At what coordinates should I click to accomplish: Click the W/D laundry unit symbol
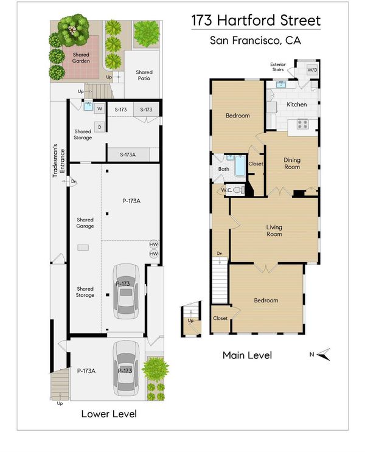(x=312, y=70)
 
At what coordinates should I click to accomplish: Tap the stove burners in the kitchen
(x=302, y=124)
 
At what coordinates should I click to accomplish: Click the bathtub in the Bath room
(x=240, y=166)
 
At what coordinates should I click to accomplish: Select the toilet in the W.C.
(x=238, y=190)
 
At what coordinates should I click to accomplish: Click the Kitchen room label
(x=296, y=105)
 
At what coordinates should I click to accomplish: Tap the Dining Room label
(x=292, y=163)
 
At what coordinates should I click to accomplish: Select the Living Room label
(x=274, y=231)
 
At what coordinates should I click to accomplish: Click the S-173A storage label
(x=128, y=155)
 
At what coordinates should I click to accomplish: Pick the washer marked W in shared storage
(x=100, y=109)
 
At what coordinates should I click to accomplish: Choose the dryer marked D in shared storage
(x=100, y=127)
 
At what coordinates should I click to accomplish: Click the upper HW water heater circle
(x=154, y=245)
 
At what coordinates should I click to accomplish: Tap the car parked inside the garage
(x=126, y=291)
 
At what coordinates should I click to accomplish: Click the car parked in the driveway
(x=126, y=368)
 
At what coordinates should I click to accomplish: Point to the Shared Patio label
(x=144, y=75)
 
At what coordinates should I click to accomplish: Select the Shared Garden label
(x=81, y=58)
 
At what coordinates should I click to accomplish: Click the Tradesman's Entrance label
(x=59, y=161)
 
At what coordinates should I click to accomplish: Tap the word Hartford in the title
(x=242, y=20)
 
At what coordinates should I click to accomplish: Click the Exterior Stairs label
(x=278, y=67)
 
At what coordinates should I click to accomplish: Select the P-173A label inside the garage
(x=131, y=201)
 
